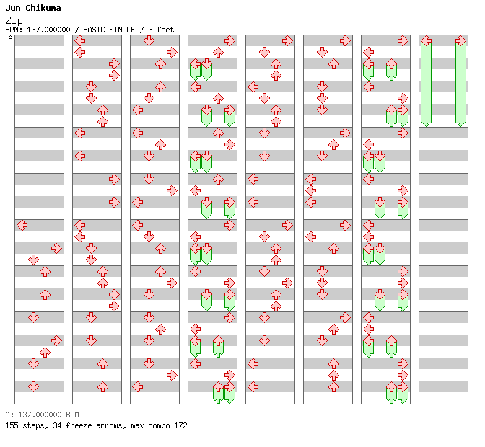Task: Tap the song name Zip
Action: click(13, 20)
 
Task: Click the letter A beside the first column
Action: click(10, 38)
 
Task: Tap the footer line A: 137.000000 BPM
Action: click(42, 415)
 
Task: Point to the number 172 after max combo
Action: click(179, 425)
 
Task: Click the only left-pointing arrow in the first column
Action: click(22, 225)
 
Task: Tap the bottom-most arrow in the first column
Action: click(34, 386)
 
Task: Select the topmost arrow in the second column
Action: click(80, 40)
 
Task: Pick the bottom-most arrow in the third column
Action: click(137, 386)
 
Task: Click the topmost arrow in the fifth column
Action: click(287, 40)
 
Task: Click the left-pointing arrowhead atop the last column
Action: click(427, 40)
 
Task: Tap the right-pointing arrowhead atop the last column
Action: click(460, 40)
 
